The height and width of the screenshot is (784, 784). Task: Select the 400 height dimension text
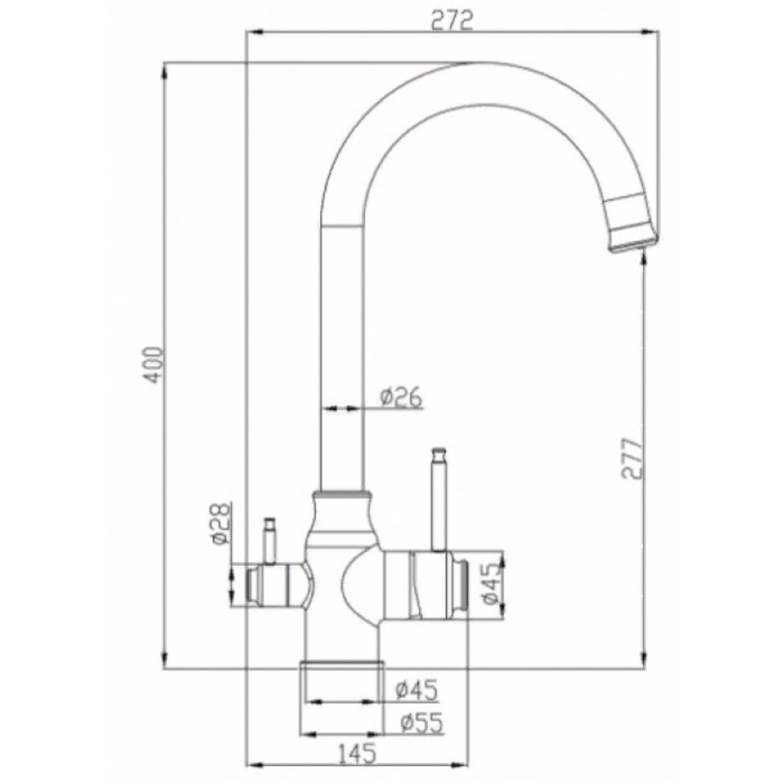[155, 364]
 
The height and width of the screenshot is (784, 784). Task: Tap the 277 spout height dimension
[633, 459]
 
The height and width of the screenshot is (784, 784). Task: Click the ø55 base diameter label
[419, 722]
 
